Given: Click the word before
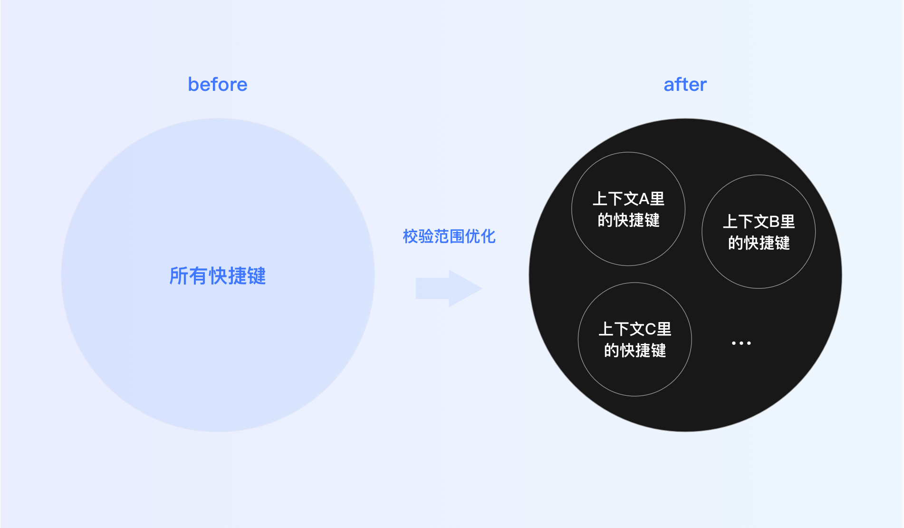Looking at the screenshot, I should [218, 85].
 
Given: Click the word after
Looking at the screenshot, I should [685, 85].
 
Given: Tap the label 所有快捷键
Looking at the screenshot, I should [218, 276].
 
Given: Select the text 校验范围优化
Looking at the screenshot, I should [449, 236].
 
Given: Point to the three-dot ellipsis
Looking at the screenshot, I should [741, 343].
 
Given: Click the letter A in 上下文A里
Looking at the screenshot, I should [644, 199].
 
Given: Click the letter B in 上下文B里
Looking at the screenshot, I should [774, 222].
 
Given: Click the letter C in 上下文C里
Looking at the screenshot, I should [651, 329].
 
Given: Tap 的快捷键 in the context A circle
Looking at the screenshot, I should [628, 220].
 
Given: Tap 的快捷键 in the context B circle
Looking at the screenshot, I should [759, 243].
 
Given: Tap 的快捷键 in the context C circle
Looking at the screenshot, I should [635, 351].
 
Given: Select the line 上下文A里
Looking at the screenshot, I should [628, 199].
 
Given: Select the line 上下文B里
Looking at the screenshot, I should [759, 222].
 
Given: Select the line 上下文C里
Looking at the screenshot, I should [635, 329].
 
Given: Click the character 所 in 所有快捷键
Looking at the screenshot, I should [179, 276].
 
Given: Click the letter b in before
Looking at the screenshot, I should [192, 85].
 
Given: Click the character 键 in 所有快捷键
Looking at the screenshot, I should [257, 276].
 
